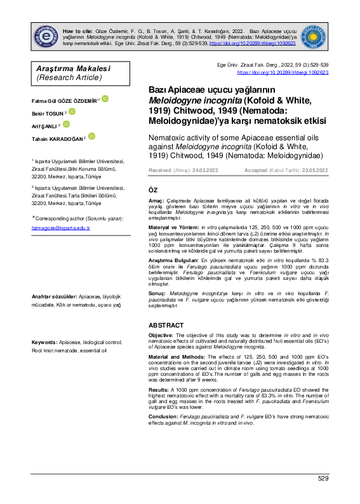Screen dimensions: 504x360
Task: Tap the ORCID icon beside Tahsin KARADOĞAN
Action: [x=92, y=136]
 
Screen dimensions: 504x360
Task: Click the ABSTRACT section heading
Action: [x=166, y=324]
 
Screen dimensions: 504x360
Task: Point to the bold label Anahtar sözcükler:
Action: [x=46, y=296]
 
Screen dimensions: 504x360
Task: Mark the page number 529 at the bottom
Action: [x=323, y=478]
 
